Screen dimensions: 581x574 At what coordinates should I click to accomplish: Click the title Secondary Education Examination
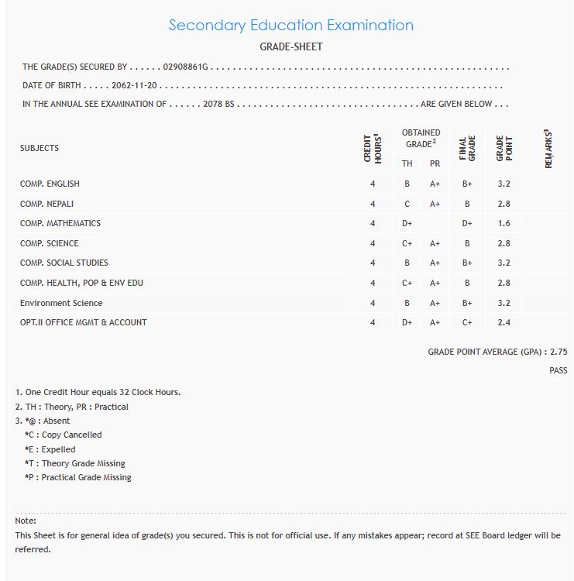coord(290,25)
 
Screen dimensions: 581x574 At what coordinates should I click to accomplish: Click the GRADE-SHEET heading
coord(290,47)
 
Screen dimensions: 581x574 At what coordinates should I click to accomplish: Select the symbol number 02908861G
coord(186,67)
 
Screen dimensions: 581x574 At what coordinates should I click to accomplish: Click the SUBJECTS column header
coord(40,148)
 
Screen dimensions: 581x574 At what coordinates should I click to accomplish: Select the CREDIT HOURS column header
coord(373,148)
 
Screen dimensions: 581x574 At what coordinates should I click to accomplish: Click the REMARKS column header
coord(548,149)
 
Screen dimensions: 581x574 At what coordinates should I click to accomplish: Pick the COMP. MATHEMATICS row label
coord(60,223)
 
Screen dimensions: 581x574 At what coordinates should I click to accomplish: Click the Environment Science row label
coord(61,303)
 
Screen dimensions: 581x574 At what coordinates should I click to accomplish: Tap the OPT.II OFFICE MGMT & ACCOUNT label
coord(84,322)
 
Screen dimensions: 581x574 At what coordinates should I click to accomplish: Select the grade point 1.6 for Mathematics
coord(504,223)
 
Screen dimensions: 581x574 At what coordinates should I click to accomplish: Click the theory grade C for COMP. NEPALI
coord(407,204)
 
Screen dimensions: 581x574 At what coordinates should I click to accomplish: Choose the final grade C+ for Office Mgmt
coord(467,322)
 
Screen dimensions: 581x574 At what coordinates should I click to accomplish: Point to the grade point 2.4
coord(504,322)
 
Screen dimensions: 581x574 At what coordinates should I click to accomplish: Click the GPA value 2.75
coord(559,352)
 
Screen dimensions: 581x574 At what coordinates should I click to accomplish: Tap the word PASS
coord(559,371)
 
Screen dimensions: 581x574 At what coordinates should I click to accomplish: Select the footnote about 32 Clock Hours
coord(98,392)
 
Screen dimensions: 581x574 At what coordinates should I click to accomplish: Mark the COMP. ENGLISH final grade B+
coord(467,184)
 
